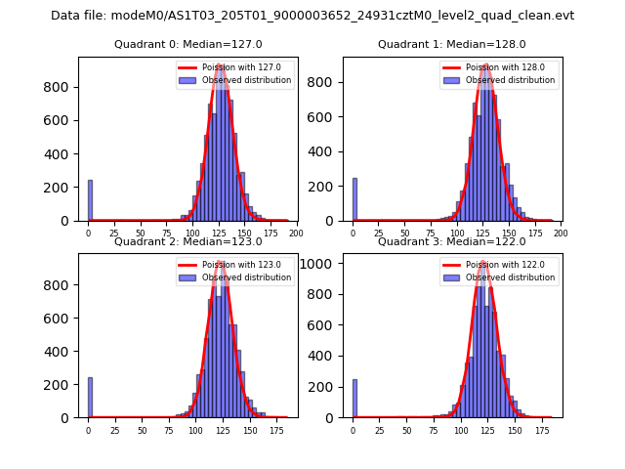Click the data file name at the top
[312, 16]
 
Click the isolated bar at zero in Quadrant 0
[90, 200]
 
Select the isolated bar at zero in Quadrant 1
[354, 200]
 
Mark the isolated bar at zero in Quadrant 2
[90, 398]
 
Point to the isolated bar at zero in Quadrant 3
[354, 399]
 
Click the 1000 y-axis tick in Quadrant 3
[328, 263]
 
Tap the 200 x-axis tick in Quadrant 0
[297, 234]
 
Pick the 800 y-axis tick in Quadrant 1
[331, 87]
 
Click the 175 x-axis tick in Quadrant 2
[275, 430]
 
